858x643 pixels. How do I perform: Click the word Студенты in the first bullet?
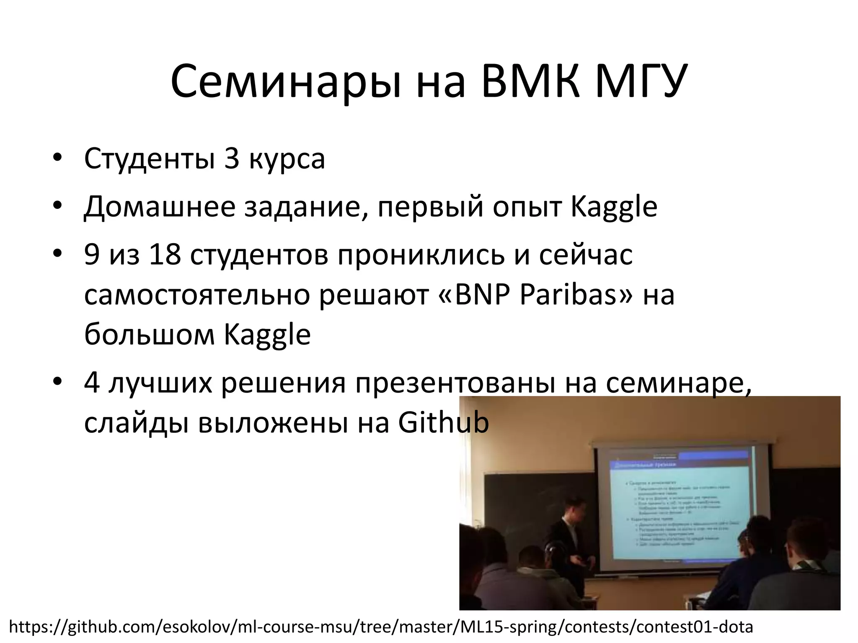click(x=149, y=159)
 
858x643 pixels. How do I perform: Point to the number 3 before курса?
click(x=232, y=159)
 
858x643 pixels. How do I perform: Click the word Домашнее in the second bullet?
click(x=160, y=207)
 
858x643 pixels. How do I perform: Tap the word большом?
click(x=150, y=335)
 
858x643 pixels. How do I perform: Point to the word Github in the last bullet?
click(x=443, y=423)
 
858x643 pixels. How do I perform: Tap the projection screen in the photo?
click(x=679, y=507)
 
